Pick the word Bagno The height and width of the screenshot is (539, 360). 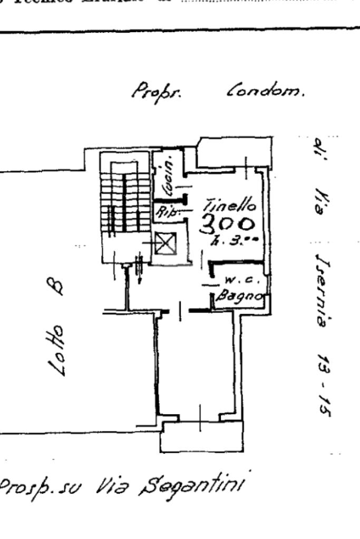[239, 295]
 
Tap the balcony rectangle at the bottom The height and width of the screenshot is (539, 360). [202, 436]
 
